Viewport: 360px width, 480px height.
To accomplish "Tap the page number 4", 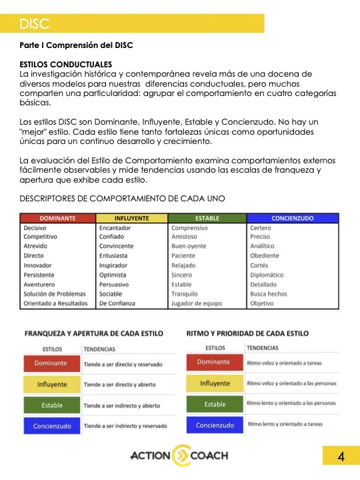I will click(x=340, y=457).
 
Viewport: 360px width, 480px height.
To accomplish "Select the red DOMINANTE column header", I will click(x=57, y=218).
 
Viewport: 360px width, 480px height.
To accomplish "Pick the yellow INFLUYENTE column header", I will click(x=132, y=218).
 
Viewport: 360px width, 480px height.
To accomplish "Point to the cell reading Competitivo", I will click(x=41, y=237).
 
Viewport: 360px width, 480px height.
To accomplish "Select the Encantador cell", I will click(x=115, y=228).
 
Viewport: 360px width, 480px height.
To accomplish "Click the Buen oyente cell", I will click(x=190, y=246).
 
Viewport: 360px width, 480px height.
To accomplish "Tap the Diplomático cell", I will click(x=267, y=275).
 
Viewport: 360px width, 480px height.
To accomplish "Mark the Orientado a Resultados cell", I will click(x=55, y=303).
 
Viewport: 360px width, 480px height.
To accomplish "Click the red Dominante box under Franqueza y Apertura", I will click(x=51, y=364).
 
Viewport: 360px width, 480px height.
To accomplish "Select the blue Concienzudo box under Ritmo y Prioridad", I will click(x=215, y=425).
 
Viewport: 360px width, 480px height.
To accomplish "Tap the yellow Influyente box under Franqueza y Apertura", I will click(x=51, y=385).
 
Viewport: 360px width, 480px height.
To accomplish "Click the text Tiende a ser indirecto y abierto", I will click(x=122, y=405).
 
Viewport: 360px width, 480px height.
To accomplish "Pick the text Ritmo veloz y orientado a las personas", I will click(x=291, y=383).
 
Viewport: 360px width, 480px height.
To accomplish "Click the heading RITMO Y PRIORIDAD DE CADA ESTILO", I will click(x=247, y=333).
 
